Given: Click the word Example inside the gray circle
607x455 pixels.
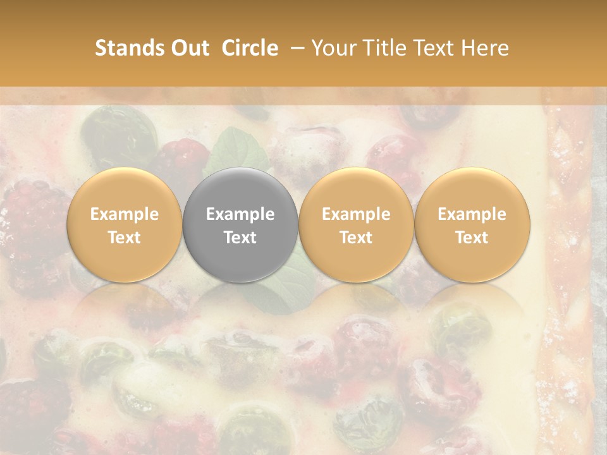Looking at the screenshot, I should coord(240,214).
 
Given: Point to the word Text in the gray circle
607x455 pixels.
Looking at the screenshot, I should coord(240,238).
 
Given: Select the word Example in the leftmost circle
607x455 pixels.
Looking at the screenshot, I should coord(125,214).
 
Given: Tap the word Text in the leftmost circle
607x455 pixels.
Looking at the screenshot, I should coord(125,238).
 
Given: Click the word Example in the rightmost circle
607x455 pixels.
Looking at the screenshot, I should coord(472,214).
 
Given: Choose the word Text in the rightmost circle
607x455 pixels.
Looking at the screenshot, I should coord(472,238).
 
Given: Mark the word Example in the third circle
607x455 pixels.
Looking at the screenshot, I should coord(356,214).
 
